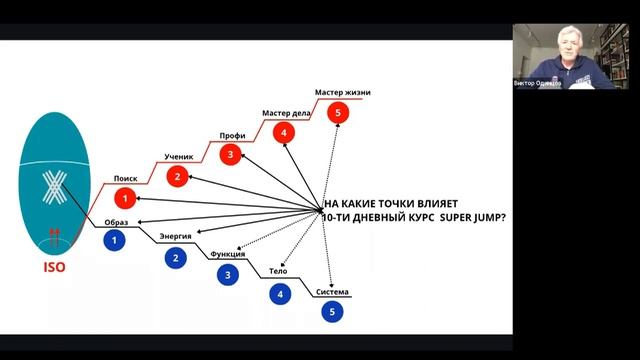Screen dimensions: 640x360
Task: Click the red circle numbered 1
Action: pyautogui.click(x=125, y=197)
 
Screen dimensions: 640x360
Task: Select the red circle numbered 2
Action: pyautogui.click(x=177, y=177)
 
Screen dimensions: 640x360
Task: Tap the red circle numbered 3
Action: pyautogui.click(x=231, y=154)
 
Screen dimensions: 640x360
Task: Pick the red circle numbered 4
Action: pyautogui.click(x=284, y=132)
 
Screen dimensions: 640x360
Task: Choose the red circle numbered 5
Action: pyautogui.click(x=339, y=113)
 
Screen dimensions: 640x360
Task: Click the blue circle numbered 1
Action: pyautogui.click(x=116, y=239)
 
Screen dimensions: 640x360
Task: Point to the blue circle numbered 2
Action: pyautogui.click(x=176, y=258)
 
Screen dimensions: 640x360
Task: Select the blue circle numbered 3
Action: pyautogui.click(x=229, y=275)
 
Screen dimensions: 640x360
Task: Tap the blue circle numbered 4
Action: pyautogui.click(x=281, y=294)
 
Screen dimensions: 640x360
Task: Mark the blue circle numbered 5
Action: pyautogui.click(x=332, y=311)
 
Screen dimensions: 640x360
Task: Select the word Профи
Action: pyautogui.click(x=232, y=136)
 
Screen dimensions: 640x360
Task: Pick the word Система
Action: pyautogui.click(x=332, y=292)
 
